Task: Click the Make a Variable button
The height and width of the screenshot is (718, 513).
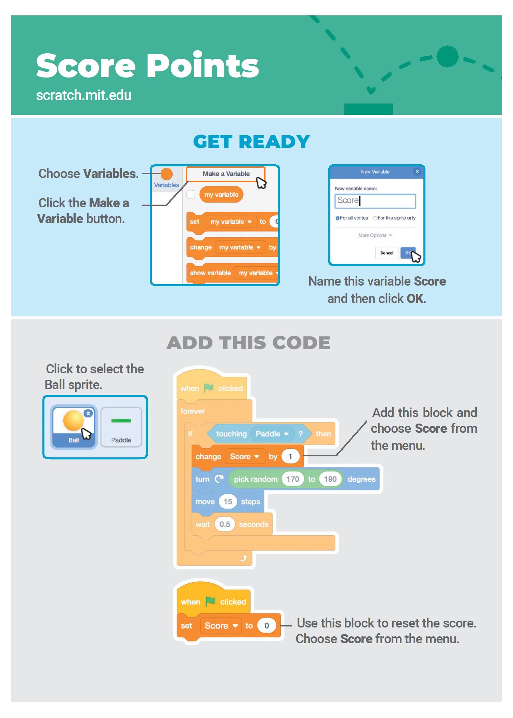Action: pos(225,174)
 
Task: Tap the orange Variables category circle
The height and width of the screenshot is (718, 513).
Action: pos(167,174)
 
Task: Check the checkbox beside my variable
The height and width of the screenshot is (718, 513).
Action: pos(191,195)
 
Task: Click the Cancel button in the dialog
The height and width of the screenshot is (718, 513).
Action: pos(386,253)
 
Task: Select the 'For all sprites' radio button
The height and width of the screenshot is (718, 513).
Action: pos(337,218)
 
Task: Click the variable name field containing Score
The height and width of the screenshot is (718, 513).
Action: pos(375,201)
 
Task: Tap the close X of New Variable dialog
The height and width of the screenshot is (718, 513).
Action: pos(417,171)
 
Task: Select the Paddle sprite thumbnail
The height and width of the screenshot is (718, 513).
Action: pos(121,427)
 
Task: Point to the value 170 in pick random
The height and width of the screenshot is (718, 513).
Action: pos(293,479)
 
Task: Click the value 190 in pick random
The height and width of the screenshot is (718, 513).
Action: pos(330,479)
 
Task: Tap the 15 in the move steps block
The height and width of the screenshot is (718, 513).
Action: pos(228,502)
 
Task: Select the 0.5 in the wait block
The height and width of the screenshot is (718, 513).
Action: pos(225,524)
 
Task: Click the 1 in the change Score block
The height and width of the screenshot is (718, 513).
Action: pos(290,457)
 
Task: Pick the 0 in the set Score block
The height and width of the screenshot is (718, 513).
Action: pos(266,626)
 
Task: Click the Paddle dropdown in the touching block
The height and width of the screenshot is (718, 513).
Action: pos(272,434)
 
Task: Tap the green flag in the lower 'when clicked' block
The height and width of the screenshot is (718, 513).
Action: pos(210,602)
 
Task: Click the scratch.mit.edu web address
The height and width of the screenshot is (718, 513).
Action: pos(84,95)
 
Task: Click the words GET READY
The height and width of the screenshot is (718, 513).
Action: pos(251,141)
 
